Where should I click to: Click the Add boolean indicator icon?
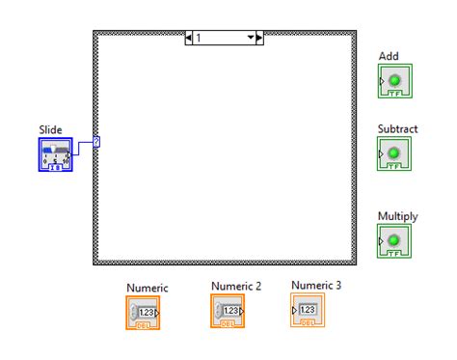tap(393, 81)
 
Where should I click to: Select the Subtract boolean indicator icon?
tap(393, 153)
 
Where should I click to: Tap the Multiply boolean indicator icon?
tap(393, 240)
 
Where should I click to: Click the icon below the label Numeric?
tap(146, 312)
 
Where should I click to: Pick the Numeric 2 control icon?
tap(229, 311)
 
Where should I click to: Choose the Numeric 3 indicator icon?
tap(308, 310)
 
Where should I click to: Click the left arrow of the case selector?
tap(189, 38)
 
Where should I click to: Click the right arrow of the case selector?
tap(259, 38)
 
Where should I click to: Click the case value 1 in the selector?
tap(199, 38)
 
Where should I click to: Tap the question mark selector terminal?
tap(96, 142)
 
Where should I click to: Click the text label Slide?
tap(50, 128)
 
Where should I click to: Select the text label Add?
tap(389, 56)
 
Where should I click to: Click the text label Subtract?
tap(398, 128)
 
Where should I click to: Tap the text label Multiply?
tap(397, 216)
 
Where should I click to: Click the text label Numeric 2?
tap(236, 286)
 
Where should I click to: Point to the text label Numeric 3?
tap(316, 285)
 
